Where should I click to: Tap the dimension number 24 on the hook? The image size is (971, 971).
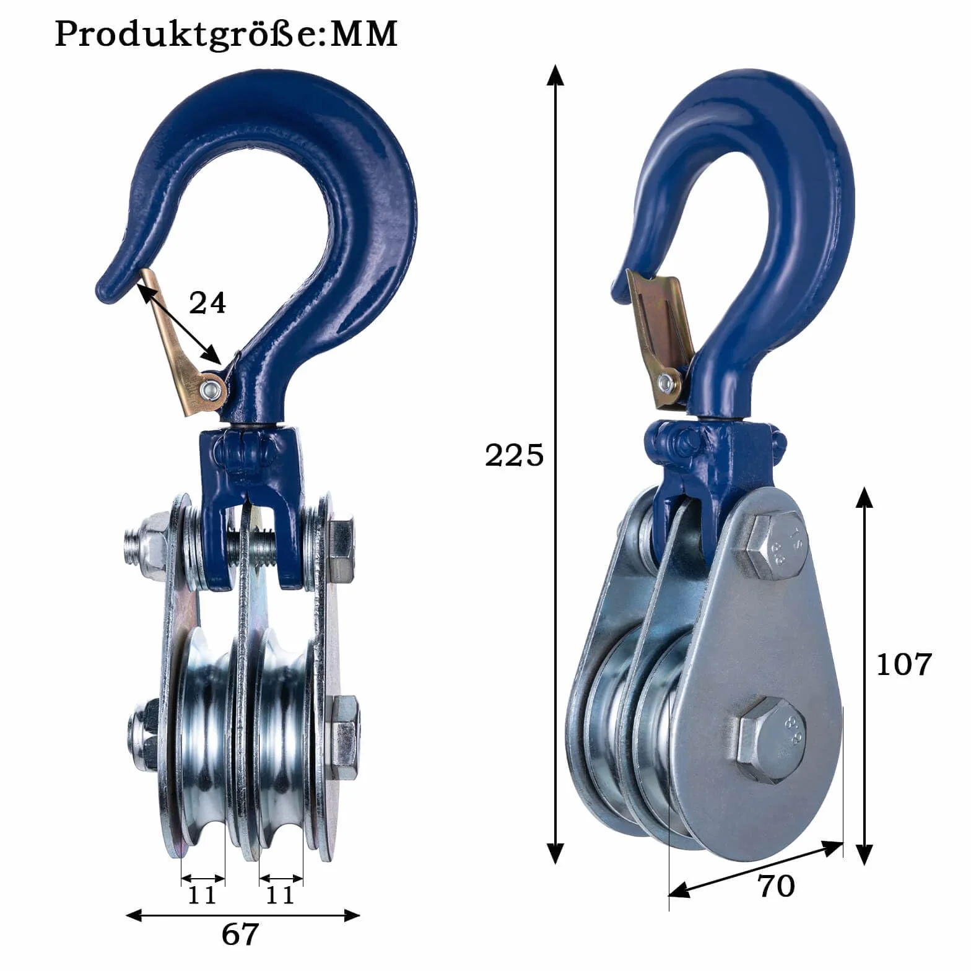click(x=207, y=303)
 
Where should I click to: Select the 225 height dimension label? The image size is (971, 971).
click(x=514, y=456)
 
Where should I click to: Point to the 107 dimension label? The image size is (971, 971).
click(x=904, y=664)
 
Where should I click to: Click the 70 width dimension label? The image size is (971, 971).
click(x=776, y=886)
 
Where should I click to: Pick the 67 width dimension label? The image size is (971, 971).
click(x=240, y=934)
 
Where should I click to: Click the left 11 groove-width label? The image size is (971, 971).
click(x=202, y=895)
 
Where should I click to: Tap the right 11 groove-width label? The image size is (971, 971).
click(x=280, y=895)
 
